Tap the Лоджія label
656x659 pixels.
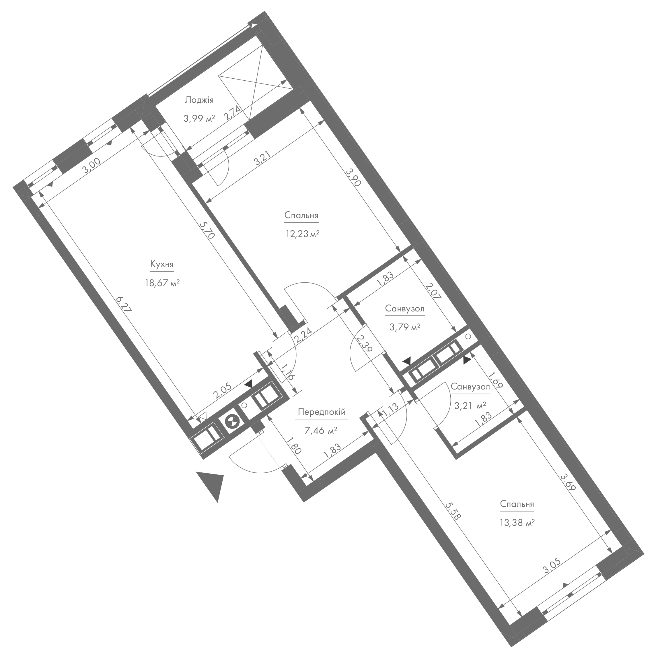point(199,100)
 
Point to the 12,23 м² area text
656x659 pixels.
point(302,234)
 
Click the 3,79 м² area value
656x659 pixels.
point(405,327)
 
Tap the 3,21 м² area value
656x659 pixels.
point(470,405)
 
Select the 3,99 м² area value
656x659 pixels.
point(199,118)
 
